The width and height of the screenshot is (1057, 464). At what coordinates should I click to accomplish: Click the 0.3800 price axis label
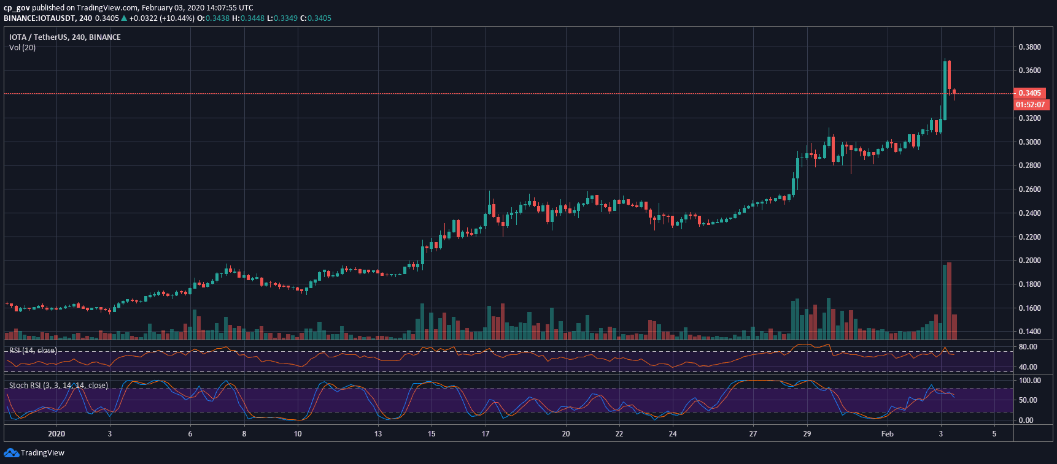(x=1029, y=47)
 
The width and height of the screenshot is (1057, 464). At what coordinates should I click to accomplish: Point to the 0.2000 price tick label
(x=1029, y=261)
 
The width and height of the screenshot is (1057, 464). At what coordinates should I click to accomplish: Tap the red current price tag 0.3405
(x=1030, y=93)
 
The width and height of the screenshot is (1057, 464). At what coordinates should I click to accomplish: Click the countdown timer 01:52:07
(x=1030, y=105)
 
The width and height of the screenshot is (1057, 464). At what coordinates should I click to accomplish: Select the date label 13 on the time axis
(x=378, y=434)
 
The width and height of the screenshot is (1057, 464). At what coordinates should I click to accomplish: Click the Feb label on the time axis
(x=887, y=434)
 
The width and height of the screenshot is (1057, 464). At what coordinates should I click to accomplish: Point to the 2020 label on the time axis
(x=56, y=434)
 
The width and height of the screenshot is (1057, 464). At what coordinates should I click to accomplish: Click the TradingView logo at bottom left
(x=34, y=453)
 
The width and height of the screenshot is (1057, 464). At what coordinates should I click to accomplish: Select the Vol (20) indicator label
(x=22, y=48)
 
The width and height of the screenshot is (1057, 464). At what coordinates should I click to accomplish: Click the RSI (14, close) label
(x=33, y=351)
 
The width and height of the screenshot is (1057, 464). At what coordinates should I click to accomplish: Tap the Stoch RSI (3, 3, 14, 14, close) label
(x=58, y=386)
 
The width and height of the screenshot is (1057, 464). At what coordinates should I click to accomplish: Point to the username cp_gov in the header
(x=17, y=8)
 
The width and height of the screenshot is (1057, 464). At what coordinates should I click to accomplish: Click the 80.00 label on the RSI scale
(x=1028, y=347)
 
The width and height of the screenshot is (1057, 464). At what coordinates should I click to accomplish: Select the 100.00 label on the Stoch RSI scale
(x=1030, y=381)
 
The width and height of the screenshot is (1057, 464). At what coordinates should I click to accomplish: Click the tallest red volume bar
(x=949, y=301)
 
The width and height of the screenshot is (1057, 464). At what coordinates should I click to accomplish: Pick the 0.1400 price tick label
(x=1029, y=332)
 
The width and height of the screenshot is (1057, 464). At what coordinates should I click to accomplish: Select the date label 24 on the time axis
(x=673, y=434)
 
